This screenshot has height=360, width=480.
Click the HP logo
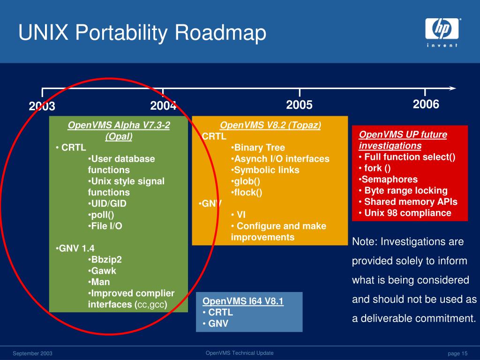[442, 32]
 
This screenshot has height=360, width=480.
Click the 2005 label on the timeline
[299, 105]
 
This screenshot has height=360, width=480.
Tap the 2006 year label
[426, 104]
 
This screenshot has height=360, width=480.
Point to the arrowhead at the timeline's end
[453, 88]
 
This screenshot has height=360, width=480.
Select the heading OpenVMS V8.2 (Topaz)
[270, 125]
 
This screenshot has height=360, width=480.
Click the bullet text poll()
[101, 215]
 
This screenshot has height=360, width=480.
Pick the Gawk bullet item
[102, 270]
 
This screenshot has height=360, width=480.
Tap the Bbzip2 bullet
[105, 260]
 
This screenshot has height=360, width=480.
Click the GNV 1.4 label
[75, 248]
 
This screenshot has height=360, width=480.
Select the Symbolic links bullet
[265, 170]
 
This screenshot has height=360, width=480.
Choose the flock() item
[247, 192]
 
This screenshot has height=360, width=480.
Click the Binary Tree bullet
[258, 148]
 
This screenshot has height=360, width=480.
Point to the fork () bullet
[375, 168]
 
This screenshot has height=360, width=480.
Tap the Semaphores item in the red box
[388, 180]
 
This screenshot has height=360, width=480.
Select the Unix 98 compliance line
[405, 213]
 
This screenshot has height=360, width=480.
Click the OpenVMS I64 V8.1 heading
[243, 301]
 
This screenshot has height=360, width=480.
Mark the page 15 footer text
[457, 353]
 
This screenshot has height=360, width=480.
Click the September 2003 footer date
[32, 353]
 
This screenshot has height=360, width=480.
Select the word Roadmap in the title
[220, 32]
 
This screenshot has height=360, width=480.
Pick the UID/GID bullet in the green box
[107, 203]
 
